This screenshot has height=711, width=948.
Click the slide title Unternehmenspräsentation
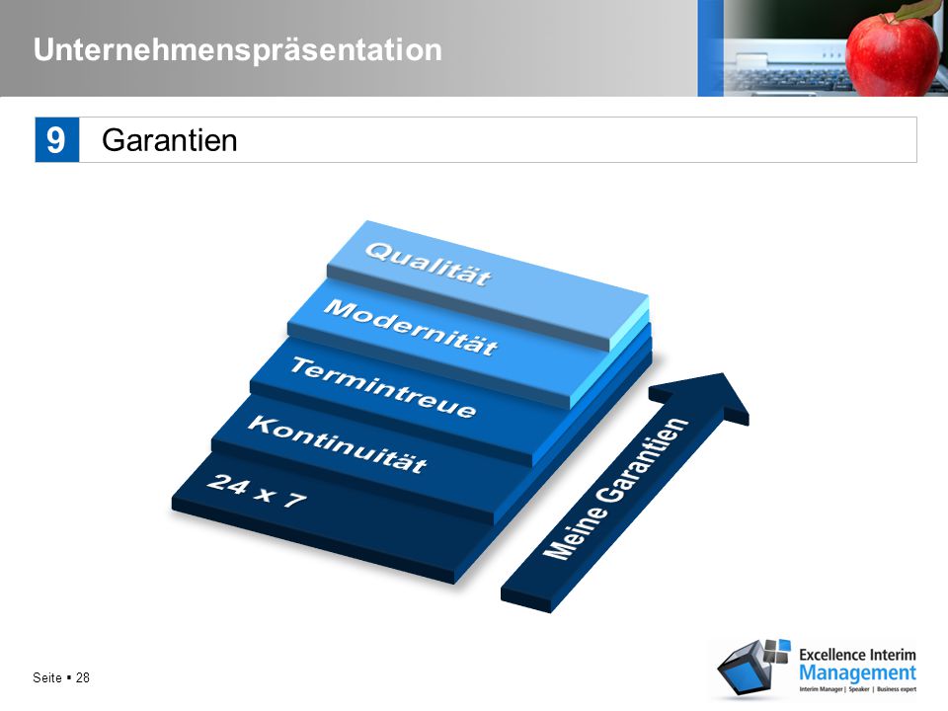[238, 50]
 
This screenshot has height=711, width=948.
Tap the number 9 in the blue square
[56, 139]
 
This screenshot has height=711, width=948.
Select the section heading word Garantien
[169, 140]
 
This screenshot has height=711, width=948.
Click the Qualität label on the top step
[428, 264]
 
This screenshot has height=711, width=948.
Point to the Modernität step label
[411, 327]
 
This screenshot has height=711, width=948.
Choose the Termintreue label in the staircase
[383, 387]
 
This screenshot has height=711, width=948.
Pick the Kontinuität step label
[338, 443]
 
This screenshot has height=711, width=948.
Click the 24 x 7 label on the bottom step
[257, 491]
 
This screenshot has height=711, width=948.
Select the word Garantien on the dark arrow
[643, 459]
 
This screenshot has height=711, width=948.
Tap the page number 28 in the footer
[83, 677]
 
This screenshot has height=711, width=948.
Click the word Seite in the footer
[47, 677]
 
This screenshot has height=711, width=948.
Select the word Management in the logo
[857, 672]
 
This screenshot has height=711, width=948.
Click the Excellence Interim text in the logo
[857, 655]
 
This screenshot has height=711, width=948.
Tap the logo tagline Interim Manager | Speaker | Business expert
[857, 688]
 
